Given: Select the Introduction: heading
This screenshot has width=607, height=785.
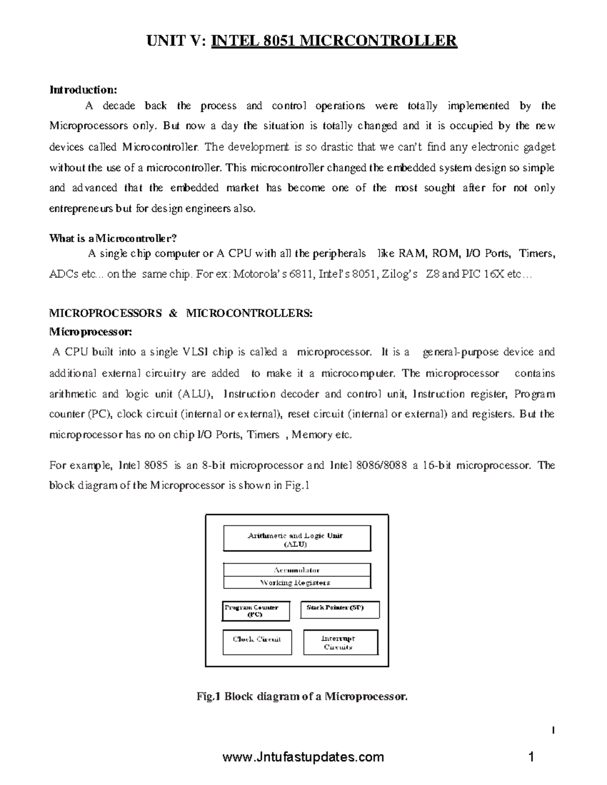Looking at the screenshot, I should point(83,90).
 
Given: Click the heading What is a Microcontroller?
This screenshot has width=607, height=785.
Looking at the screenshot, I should point(114,238).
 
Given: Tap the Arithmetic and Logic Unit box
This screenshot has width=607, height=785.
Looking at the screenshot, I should point(296,539).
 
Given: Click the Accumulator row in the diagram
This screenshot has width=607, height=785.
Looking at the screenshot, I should point(296,570).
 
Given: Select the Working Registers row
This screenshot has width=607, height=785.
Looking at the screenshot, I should point(296,582).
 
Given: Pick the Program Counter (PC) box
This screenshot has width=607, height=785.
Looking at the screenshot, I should point(255,611).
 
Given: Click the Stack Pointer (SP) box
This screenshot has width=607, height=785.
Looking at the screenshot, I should point(339,609).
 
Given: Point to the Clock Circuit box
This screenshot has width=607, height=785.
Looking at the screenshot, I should point(256,641).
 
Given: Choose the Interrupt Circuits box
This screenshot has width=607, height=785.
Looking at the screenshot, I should point(340,642).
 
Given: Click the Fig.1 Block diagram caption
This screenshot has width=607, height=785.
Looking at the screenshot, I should point(301,697).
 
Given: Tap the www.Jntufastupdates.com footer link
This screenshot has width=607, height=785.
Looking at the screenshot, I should point(303,757).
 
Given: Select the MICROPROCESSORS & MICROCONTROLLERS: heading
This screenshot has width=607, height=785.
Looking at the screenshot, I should point(181,313).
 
